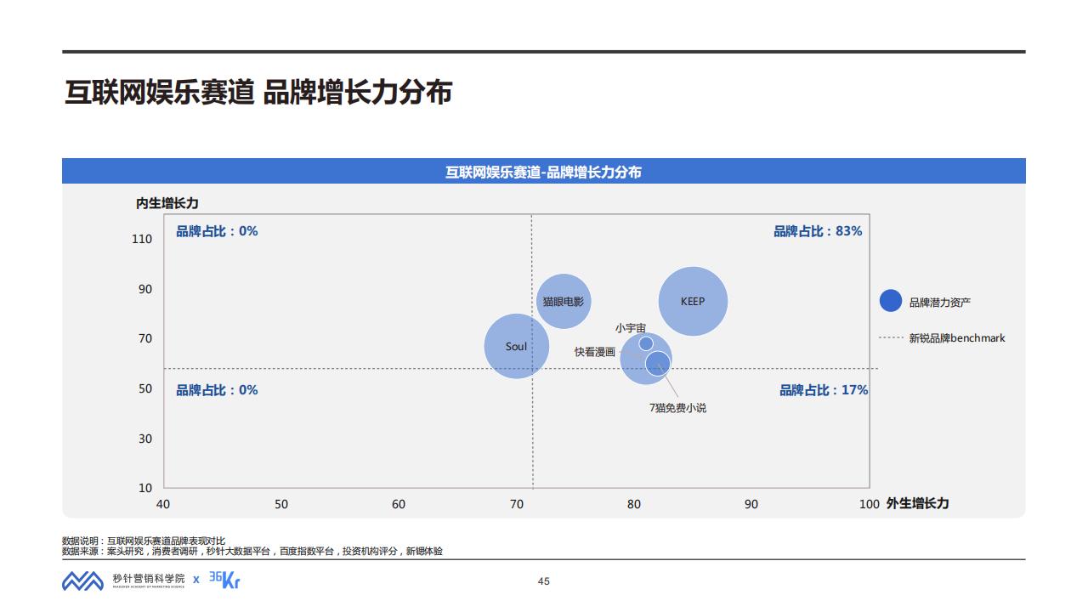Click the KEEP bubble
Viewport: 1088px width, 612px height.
693,301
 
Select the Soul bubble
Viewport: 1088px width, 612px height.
516,346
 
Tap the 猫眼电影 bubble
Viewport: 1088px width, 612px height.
563,301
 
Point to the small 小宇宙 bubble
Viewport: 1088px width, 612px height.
646,343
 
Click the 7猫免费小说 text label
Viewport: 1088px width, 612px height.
677,408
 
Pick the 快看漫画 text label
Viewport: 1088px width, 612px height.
594,352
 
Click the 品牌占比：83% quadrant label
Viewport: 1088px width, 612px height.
817,231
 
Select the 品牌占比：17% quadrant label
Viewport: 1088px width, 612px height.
824,390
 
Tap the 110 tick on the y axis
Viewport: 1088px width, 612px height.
142,239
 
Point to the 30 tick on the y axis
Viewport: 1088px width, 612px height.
145,439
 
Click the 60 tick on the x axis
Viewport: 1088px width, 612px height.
399,504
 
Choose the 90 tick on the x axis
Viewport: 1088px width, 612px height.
751,504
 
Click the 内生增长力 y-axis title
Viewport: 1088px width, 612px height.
167,203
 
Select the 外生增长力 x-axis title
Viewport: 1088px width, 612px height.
917,503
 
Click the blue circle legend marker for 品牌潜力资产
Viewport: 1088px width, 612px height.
890,301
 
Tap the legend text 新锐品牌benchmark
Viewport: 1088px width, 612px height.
957,338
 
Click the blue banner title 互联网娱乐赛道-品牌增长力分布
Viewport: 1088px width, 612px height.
543,172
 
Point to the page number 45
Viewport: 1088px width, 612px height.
544,581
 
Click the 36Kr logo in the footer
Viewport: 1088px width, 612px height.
224,580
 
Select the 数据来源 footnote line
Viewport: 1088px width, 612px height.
252,551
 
